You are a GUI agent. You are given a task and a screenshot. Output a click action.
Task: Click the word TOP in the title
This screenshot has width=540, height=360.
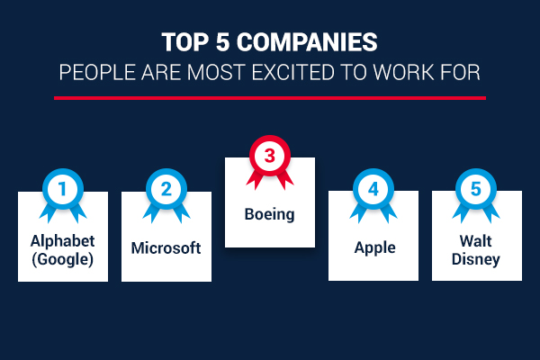pyautogui.click(x=185, y=42)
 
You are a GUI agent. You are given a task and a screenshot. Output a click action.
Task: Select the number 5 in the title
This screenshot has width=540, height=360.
pyautogui.click(x=222, y=42)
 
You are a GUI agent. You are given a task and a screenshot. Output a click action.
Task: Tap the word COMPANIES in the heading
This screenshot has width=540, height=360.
pyautogui.click(x=307, y=42)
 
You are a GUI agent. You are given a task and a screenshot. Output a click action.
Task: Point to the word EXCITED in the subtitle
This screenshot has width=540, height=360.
pyautogui.click(x=293, y=72)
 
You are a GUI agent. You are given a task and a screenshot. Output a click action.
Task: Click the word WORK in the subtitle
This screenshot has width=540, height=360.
pyautogui.click(x=403, y=72)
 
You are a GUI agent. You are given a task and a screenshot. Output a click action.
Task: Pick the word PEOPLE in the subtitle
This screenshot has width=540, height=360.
pyautogui.click(x=97, y=72)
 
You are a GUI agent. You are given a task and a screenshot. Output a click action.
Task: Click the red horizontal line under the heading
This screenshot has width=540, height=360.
pyautogui.click(x=270, y=98)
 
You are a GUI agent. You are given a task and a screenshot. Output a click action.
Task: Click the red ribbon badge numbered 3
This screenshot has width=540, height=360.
pyautogui.click(x=270, y=160)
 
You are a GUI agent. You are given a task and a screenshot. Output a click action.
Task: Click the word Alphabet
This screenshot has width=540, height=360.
pyautogui.click(x=63, y=241)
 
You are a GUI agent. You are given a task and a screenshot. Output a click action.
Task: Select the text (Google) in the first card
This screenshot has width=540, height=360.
pyautogui.click(x=63, y=259)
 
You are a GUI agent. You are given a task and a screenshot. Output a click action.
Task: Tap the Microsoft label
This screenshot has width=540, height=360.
pyautogui.click(x=166, y=248)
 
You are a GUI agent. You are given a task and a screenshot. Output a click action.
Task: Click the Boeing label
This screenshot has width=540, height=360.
pyautogui.click(x=270, y=214)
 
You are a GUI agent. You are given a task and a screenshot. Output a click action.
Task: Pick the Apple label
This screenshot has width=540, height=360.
pyautogui.click(x=375, y=248)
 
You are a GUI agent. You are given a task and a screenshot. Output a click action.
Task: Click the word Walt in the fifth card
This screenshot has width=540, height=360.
pyautogui.click(x=475, y=241)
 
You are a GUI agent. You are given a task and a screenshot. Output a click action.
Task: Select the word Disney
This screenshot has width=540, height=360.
pyautogui.click(x=475, y=259)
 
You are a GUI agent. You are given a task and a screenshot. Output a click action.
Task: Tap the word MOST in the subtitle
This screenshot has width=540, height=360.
pyautogui.click(x=216, y=72)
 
